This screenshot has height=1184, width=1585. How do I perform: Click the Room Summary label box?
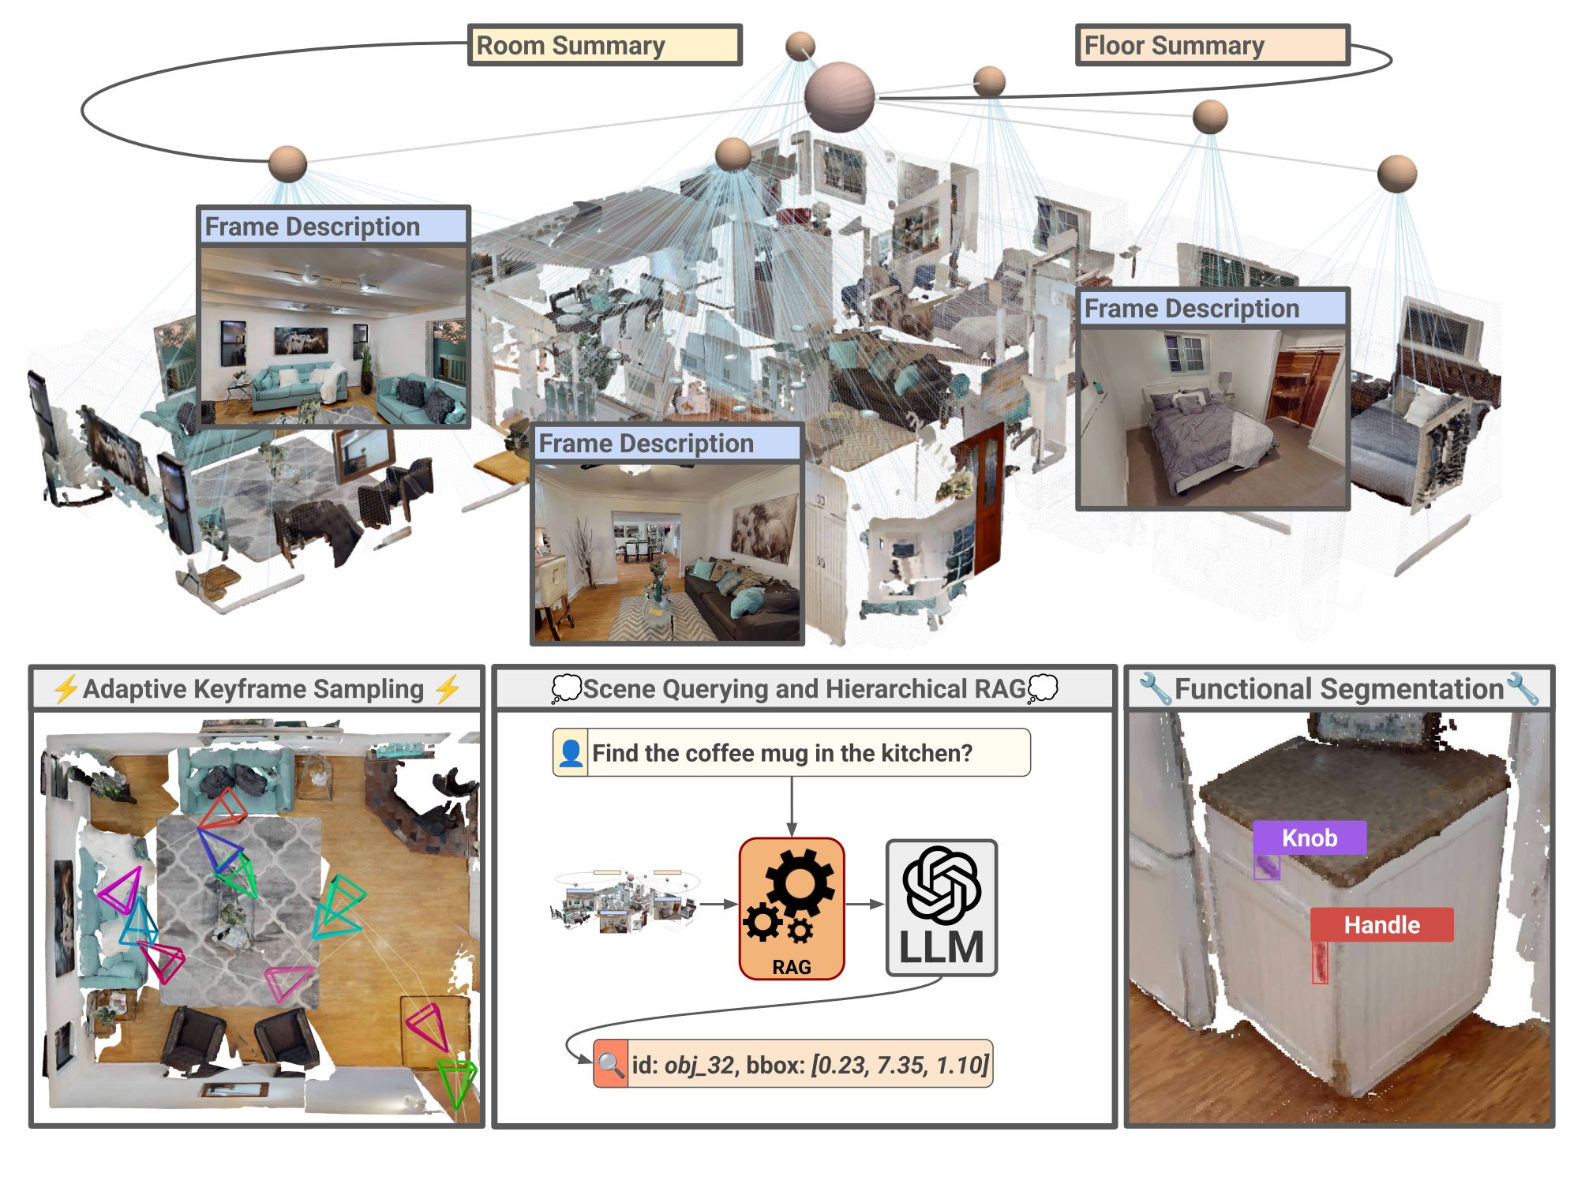(x=605, y=45)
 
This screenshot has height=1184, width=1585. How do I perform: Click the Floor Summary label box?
(x=1212, y=45)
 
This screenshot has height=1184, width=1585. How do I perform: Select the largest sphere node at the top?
(x=839, y=96)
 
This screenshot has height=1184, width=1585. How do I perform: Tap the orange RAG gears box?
(x=792, y=908)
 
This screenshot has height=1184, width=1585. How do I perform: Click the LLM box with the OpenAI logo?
(x=942, y=908)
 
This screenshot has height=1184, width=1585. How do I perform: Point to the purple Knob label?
(x=1310, y=837)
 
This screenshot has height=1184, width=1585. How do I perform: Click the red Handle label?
(x=1381, y=924)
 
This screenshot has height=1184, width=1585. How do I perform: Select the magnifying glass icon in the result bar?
(x=610, y=1064)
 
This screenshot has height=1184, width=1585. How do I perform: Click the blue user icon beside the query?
(x=571, y=753)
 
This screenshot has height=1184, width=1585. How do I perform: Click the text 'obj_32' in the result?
(x=699, y=1065)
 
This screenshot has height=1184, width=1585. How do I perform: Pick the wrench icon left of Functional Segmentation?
(x=1154, y=689)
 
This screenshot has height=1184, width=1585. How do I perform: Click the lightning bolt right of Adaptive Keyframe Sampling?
(x=448, y=689)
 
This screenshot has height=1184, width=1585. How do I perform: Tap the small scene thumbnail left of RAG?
(x=624, y=902)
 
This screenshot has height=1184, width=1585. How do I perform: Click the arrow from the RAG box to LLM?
(x=865, y=905)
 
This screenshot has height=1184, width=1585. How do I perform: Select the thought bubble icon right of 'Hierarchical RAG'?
(x=1043, y=688)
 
